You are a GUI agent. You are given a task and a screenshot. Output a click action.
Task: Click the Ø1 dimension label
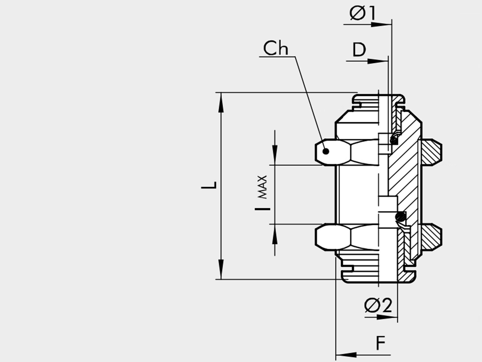tap(362, 13)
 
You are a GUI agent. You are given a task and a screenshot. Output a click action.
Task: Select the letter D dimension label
tap(359, 50)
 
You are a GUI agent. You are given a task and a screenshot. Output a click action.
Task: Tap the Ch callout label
tap(276, 48)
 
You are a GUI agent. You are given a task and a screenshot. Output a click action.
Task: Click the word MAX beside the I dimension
tap(262, 187)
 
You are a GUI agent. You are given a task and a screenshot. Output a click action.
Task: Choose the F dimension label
tap(381, 343)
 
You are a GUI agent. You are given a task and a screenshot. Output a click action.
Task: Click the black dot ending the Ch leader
tap(326, 151)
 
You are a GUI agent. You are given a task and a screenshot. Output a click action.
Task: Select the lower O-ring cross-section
tap(400, 217)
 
